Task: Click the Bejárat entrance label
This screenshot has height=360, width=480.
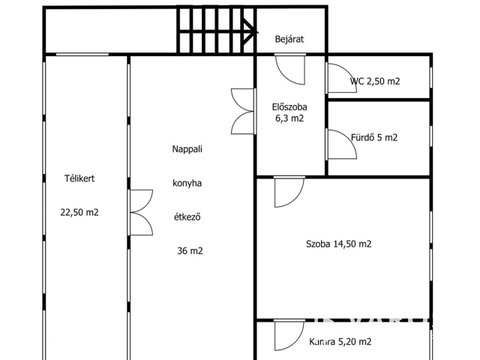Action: pyautogui.click(x=289, y=40)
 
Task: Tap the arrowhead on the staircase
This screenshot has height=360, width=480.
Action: pyautogui.click(x=250, y=31)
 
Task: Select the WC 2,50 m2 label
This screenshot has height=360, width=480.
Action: pyautogui.click(x=375, y=81)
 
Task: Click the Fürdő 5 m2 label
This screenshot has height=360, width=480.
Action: pyautogui.click(x=374, y=137)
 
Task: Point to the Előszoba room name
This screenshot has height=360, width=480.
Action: pyautogui.click(x=289, y=106)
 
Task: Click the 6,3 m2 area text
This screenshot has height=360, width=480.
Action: pyautogui.click(x=289, y=118)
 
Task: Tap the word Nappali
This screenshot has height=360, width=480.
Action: pyautogui.click(x=187, y=149)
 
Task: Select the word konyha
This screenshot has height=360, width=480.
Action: pyautogui.click(x=187, y=183)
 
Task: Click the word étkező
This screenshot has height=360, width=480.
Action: pyautogui.click(x=187, y=217)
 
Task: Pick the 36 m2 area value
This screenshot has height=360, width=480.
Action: pyautogui.click(x=190, y=251)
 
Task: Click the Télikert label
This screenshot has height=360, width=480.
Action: pyautogui.click(x=79, y=178)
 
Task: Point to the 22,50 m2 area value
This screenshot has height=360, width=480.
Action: pyautogui.click(x=79, y=212)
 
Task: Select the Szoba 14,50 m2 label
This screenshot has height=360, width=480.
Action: pyautogui.click(x=338, y=244)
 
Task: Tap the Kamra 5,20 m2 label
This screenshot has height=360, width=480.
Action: pyautogui.click(x=340, y=342)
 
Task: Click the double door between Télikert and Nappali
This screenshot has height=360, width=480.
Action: pyautogui.click(x=140, y=212)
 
